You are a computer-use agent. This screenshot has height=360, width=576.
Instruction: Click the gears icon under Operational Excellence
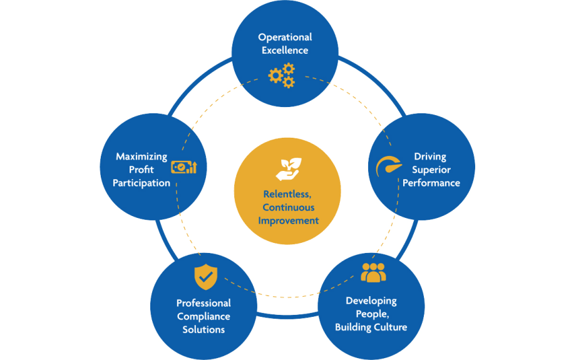tap(281, 75)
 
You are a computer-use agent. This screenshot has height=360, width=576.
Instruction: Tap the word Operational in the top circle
tap(285, 38)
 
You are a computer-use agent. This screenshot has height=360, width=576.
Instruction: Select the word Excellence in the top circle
tap(285, 50)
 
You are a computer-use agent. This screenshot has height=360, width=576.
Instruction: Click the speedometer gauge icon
tap(385, 167)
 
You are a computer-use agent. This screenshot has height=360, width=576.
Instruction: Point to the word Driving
tap(430, 157)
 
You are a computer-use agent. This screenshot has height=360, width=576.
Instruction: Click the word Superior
tap(431, 170)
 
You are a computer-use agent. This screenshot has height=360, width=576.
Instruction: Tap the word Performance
tap(431, 183)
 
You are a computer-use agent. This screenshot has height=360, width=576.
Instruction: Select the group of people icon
tap(373, 272)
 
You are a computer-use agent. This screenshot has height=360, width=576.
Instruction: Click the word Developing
tap(371, 301)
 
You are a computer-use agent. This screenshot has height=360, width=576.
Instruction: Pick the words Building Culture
tap(371, 327)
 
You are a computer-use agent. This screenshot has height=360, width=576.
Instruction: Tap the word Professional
tap(203, 303)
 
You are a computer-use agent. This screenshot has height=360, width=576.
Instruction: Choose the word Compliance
tap(203, 316)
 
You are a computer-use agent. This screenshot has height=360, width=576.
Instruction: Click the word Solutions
tap(203, 329)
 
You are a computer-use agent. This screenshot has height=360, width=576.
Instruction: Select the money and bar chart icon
tap(184, 167)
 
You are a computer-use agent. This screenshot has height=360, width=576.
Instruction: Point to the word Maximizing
tap(141, 157)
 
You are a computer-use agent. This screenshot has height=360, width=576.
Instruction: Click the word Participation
tap(141, 183)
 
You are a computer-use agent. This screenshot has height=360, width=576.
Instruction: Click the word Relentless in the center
tap(287, 194)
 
